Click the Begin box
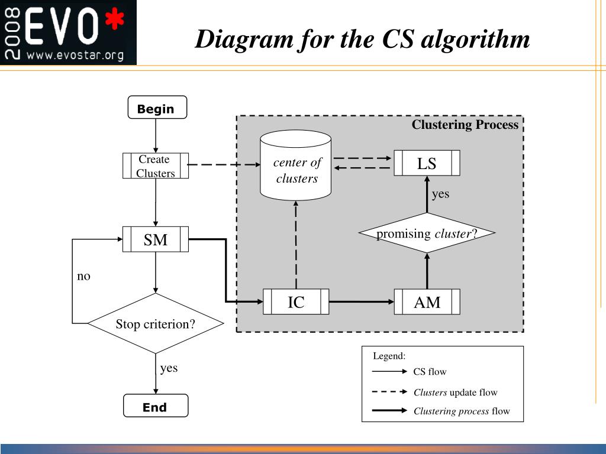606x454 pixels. tap(157, 108)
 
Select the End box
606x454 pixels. tap(155, 407)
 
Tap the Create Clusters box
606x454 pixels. tap(156, 166)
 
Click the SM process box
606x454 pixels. tap(156, 239)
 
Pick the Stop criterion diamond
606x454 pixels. tap(156, 324)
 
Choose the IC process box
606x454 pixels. tap(296, 302)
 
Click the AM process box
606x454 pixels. tap(427, 302)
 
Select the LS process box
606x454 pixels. tap(427, 163)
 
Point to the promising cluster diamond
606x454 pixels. tap(427, 234)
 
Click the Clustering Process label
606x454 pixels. tap(465, 125)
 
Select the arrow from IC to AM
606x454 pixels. tap(361, 302)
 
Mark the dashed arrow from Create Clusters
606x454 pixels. tap(224, 166)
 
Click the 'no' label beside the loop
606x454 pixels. tap(83, 276)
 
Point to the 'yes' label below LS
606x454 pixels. tap(440, 194)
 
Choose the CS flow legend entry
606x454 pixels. tap(430, 372)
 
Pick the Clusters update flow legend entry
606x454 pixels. tap(455, 393)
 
